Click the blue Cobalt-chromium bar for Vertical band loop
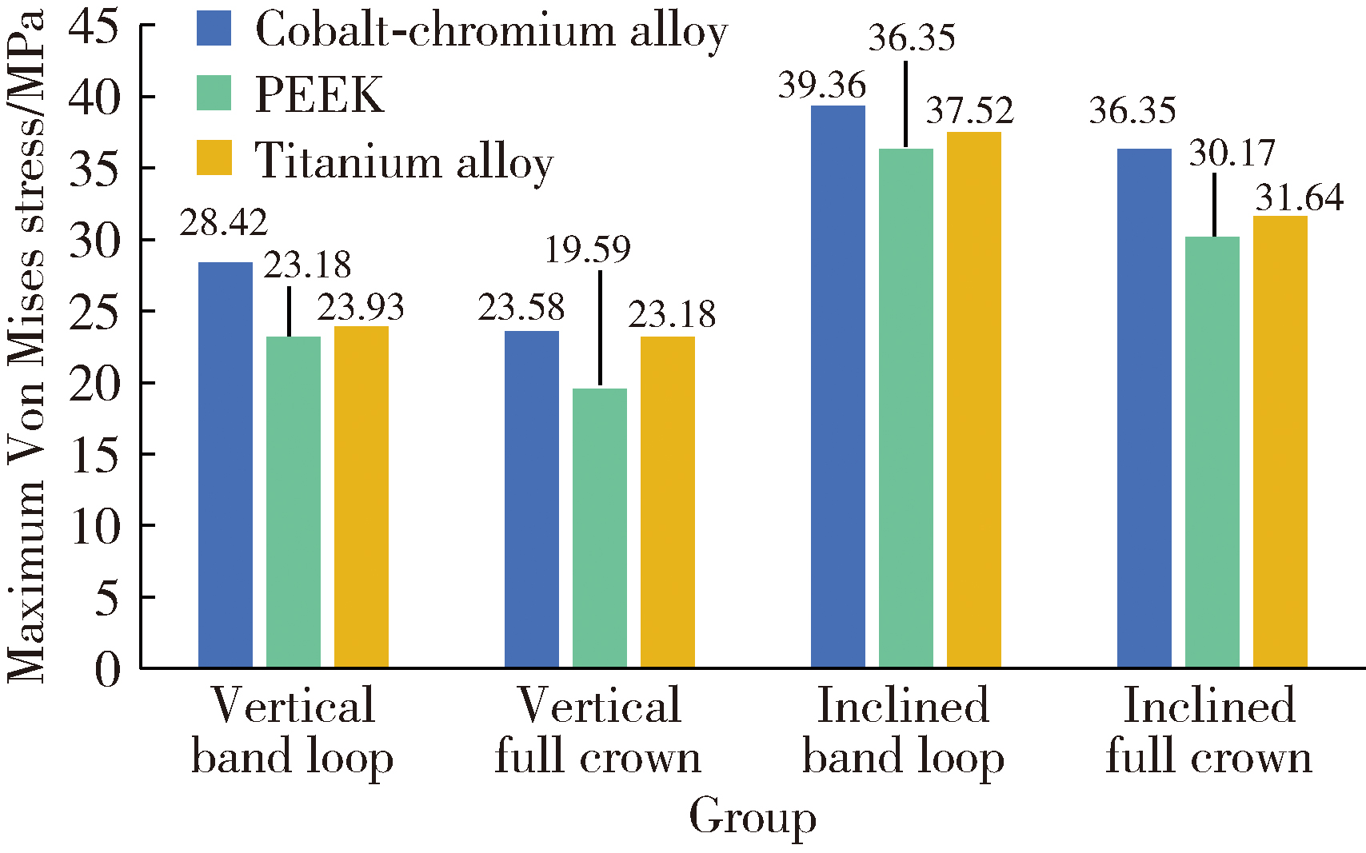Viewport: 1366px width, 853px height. (x=226, y=464)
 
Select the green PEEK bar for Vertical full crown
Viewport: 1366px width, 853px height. (x=600, y=528)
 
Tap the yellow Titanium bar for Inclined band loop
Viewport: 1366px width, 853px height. (x=974, y=400)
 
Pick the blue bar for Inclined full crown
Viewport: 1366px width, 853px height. (x=1144, y=408)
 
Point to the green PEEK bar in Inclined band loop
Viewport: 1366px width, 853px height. (x=906, y=408)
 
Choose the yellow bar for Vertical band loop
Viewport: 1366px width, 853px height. (x=361, y=496)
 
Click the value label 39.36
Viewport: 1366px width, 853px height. (x=822, y=86)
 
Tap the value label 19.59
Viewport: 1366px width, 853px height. (x=588, y=249)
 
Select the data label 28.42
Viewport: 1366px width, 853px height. (x=223, y=223)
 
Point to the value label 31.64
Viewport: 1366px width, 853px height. (x=1299, y=198)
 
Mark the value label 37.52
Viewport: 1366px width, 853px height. (x=969, y=111)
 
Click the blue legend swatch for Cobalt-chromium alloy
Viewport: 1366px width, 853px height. (x=214, y=29)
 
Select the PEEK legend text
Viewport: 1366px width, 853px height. (x=319, y=95)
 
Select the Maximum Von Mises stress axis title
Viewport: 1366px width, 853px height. (x=26, y=345)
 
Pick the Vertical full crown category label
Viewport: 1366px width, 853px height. (x=598, y=731)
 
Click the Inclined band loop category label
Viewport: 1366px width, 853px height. (x=904, y=731)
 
